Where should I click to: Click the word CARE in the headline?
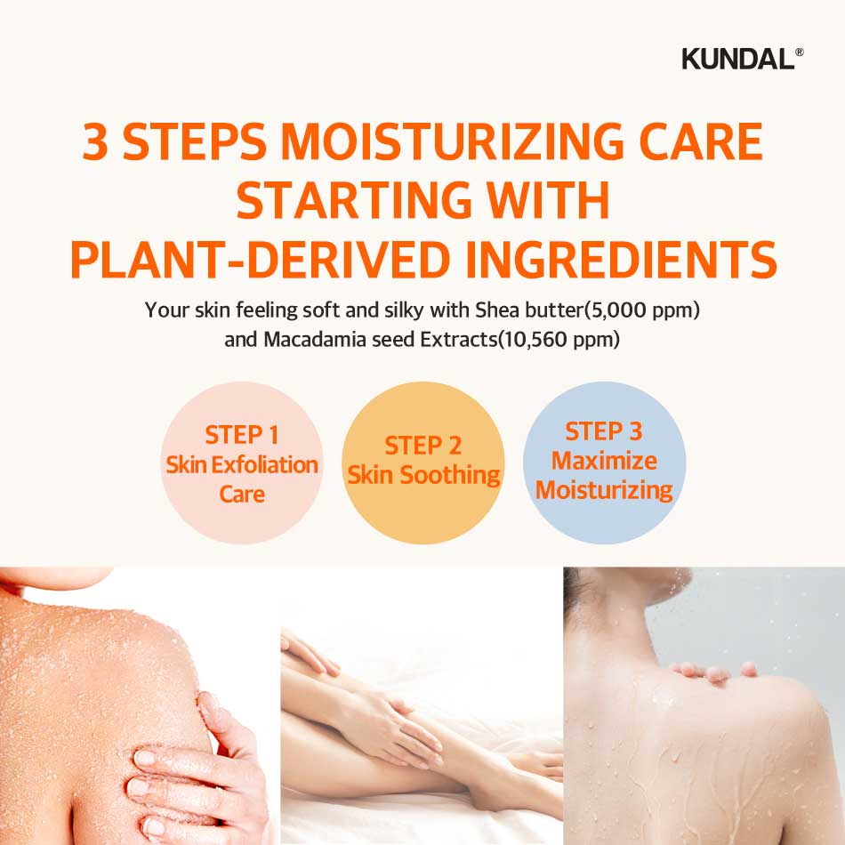coord(702,143)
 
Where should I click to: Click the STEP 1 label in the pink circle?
coord(242,435)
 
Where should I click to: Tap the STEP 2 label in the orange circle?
coord(422,445)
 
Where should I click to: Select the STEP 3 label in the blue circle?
coord(604,431)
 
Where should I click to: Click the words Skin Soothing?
coord(423,475)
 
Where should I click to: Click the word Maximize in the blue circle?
coord(604,461)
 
